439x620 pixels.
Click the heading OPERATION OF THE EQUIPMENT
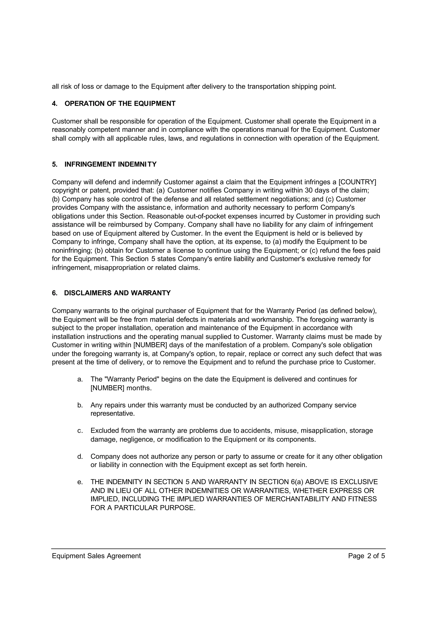[120, 104]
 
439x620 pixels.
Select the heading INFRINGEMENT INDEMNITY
[110, 164]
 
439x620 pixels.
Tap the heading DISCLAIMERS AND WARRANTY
[117, 293]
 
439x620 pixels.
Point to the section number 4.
[54, 104]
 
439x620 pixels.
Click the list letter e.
[80, 482]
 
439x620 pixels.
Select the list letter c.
[80, 431]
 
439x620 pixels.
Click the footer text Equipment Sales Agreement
[96, 556]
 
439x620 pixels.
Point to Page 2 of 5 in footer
[366, 556]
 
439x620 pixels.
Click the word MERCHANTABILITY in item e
[297, 499]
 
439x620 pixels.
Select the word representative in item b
[113, 414]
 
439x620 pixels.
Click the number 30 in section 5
[308, 191]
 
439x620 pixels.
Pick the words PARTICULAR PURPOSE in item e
[154, 508]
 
